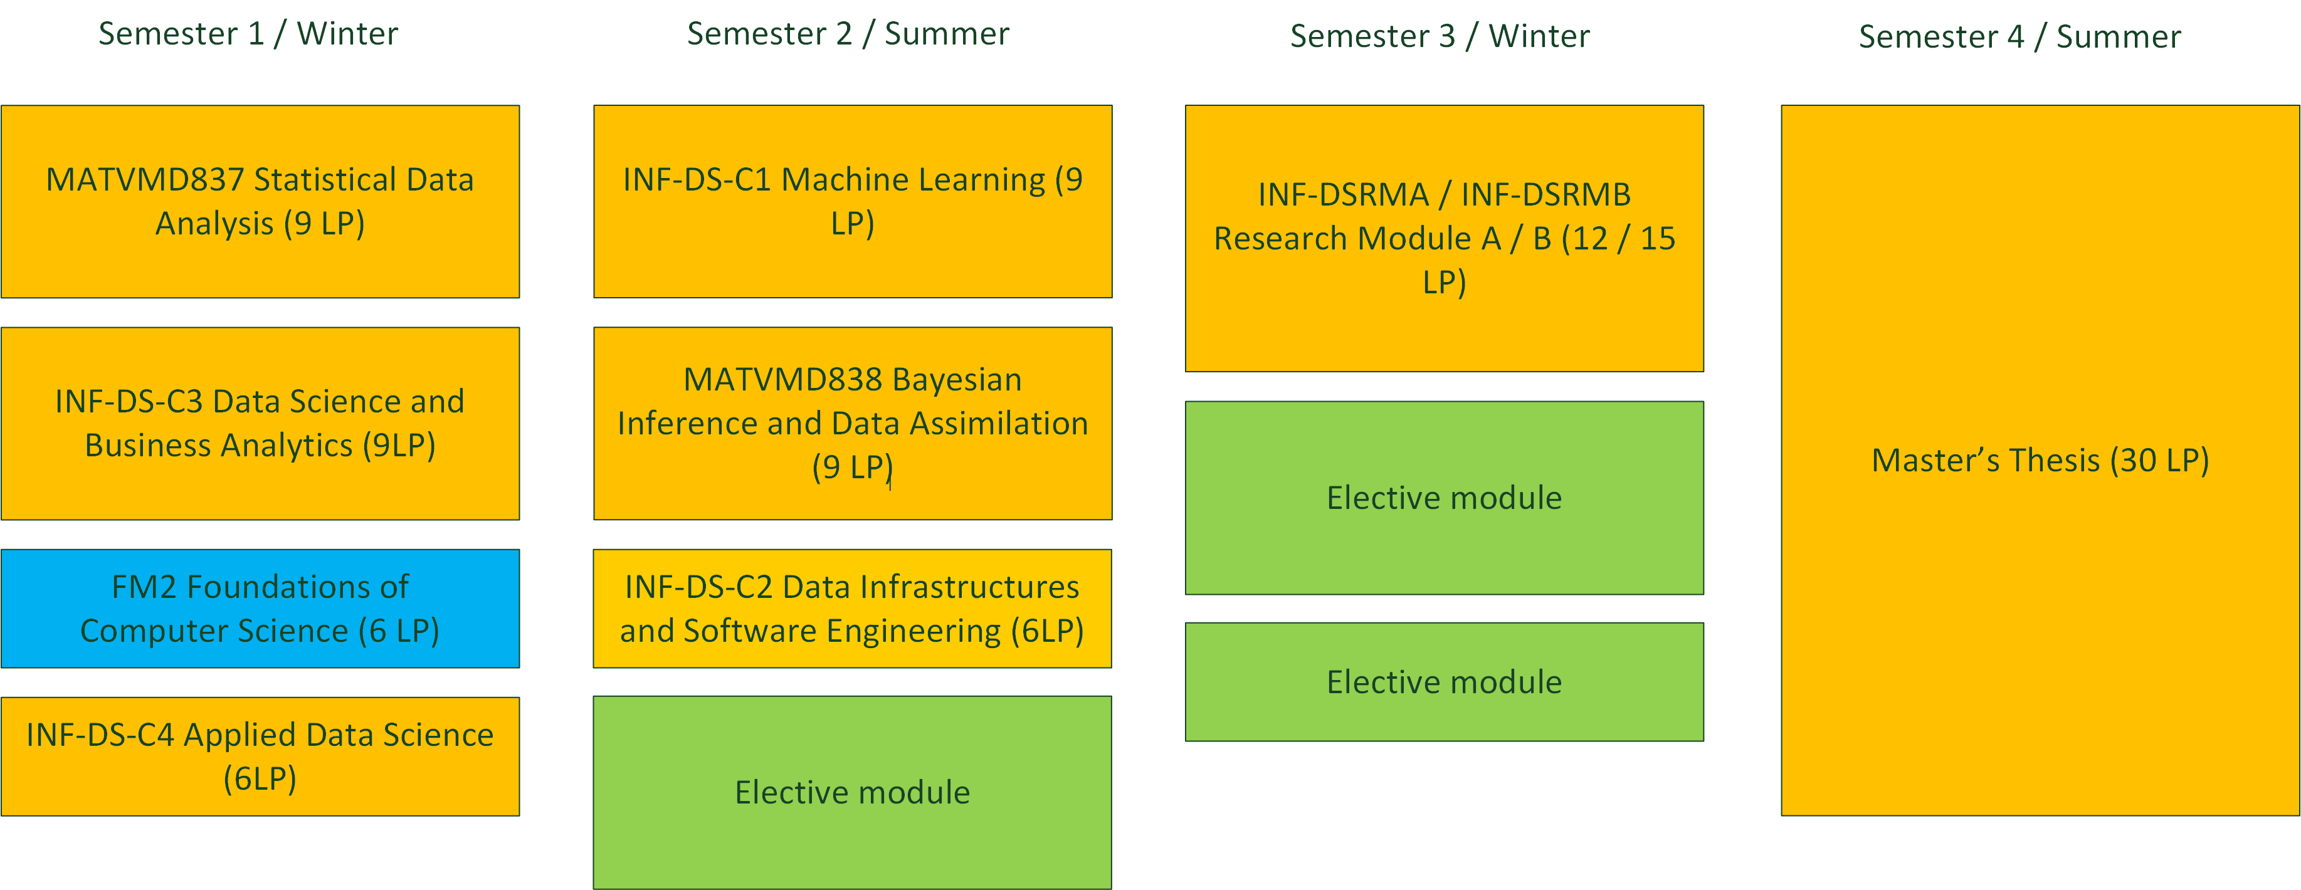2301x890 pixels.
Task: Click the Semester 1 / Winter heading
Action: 248,34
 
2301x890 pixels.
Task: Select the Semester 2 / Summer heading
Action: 848,34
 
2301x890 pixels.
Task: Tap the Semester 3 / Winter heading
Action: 1440,36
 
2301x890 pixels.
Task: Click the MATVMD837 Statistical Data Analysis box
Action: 260,202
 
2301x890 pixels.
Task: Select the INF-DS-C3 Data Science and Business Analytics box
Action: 260,423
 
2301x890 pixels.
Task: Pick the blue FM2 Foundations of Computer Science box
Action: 260,608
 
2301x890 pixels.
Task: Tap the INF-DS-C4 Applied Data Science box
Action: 260,756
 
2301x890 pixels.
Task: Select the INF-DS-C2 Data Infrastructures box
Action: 852,608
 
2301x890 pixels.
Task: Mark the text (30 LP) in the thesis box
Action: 2160,461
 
